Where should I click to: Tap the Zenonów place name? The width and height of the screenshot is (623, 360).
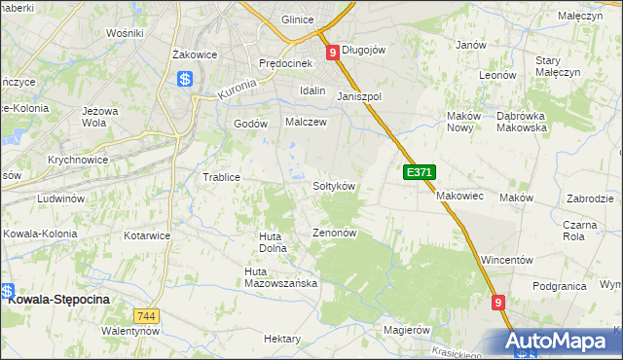pyautogui.click(x=336, y=234)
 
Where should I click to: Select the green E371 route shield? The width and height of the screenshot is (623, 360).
pyautogui.click(x=418, y=172)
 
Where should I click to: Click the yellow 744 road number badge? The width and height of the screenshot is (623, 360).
pyautogui.click(x=147, y=316)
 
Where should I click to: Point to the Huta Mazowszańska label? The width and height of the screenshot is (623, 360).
pyautogui.click(x=281, y=277)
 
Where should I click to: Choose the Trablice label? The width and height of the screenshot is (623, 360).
pyautogui.click(x=221, y=177)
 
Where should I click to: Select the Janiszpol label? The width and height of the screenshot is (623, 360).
pyautogui.click(x=359, y=97)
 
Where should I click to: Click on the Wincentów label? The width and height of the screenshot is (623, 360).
pyautogui.click(x=507, y=261)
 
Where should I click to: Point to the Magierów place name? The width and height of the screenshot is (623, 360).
pyautogui.click(x=407, y=330)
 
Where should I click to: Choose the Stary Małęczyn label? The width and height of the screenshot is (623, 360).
pyautogui.click(x=558, y=66)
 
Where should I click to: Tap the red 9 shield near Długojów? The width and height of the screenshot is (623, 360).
pyautogui.click(x=332, y=53)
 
